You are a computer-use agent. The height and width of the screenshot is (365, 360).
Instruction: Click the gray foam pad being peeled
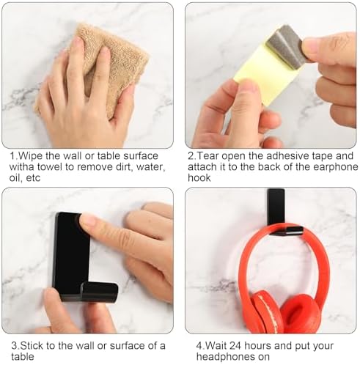pyautogui.click(x=284, y=45)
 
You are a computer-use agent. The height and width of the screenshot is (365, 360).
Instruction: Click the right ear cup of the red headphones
pyautogui.click(x=301, y=314)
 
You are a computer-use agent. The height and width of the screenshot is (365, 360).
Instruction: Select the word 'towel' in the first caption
pyautogui.click(x=50, y=167)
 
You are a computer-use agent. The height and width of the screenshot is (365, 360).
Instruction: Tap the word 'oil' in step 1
pyautogui.click(x=15, y=178)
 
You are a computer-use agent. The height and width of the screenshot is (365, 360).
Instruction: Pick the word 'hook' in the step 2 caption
pyautogui.click(x=199, y=178)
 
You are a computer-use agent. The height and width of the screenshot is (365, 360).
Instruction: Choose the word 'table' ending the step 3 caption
pyautogui.click(x=23, y=357)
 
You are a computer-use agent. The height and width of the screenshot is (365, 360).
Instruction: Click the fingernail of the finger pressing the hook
pyautogui.click(x=87, y=219)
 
